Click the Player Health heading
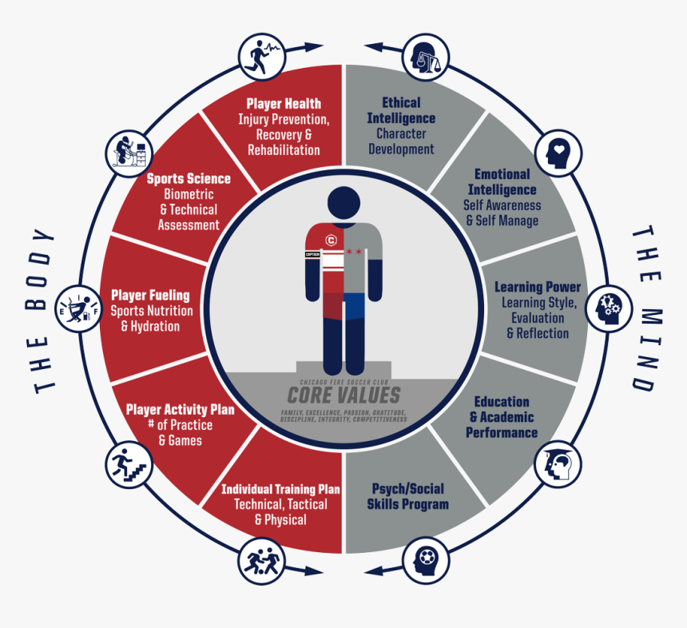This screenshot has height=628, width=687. [x=284, y=104]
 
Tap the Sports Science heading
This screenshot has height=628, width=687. [x=189, y=179]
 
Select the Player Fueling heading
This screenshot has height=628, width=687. [x=150, y=296]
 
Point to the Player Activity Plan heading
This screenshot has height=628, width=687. [x=180, y=410]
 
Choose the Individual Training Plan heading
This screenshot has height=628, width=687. [x=280, y=489]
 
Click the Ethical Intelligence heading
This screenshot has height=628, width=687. [x=401, y=110]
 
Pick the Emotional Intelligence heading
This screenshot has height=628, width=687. [x=502, y=182]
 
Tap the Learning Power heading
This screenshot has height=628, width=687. [x=538, y=287]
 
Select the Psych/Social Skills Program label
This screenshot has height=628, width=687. [x=407, y=496]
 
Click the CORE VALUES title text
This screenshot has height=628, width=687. [x=343, y=395]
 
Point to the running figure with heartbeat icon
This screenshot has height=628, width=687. [x=263, y=55]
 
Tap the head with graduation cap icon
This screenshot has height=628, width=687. [x=558, y=464]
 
